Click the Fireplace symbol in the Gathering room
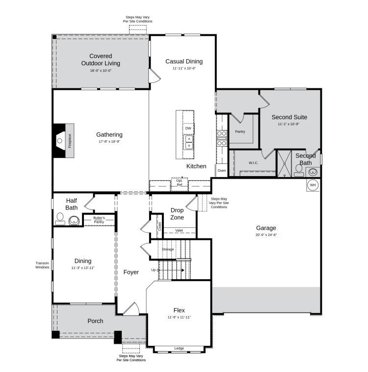point(64,140)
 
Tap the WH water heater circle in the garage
point(313,185)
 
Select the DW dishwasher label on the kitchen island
point(188,128)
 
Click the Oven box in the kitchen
point(222,170)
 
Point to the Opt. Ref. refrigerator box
point(180,183)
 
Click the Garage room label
point(266,228)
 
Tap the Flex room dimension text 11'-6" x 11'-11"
point(179,318)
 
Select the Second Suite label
point(289,117)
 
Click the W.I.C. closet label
point(253,163)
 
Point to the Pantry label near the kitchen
point(240,132)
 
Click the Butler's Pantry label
point(99,220)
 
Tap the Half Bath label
point(72,204)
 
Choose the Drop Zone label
point(177,213)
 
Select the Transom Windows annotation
point(43,266)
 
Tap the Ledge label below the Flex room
point(179,348)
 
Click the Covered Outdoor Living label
point(101,59)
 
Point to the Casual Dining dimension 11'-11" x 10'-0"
point(184,69)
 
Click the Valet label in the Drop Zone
point(179,230)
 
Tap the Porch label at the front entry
point(95,321)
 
